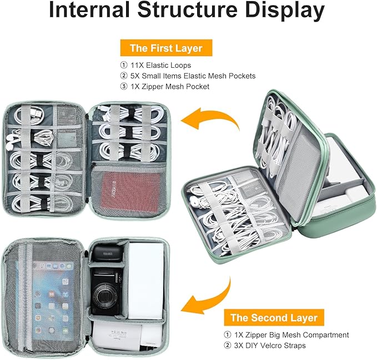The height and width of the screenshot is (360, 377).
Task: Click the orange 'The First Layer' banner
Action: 166,48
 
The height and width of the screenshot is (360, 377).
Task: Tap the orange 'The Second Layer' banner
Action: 274,318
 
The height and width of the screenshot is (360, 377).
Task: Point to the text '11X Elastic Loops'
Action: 160,65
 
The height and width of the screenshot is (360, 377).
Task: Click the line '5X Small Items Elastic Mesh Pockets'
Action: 193,76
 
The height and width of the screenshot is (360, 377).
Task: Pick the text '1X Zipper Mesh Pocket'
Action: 170,87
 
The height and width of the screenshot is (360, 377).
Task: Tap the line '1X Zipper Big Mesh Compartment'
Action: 291,335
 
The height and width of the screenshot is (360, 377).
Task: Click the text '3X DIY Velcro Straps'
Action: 270,346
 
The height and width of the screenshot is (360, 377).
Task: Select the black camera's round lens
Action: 104,295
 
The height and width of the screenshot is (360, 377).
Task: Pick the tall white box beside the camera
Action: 145,281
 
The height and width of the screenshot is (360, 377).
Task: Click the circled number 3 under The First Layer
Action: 124,87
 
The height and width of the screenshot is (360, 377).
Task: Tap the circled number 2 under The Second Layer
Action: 228,346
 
